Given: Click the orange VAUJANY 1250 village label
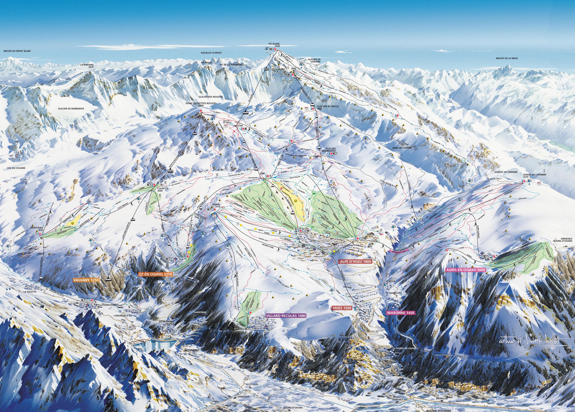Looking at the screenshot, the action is pyautogui.click(x=85, y=280).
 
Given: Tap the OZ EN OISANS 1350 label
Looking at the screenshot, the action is pyautogui.click(x=155, y=274).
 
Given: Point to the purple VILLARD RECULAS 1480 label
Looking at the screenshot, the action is pyautogui.click(x=286, y=316).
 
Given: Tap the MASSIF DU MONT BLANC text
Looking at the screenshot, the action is pyautogui.click(x=17, y=51).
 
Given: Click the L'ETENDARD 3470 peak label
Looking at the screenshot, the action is pyautogui.click(x=87, y=66).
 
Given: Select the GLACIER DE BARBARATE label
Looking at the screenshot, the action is pyautogui.click(x=71, y=109).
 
